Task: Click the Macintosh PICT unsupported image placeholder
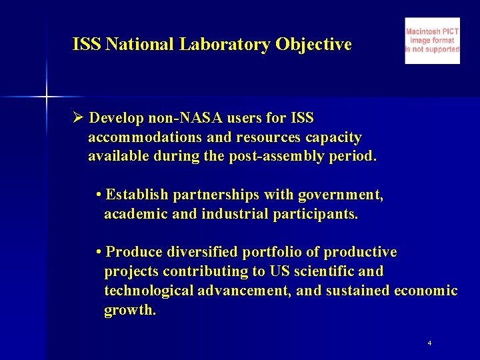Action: click(x=432, y=41)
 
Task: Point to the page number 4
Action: click(x=429, y=343)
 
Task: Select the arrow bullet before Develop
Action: click(x=77, y=118)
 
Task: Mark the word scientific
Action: click(x=321, y=271)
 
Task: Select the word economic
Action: click(x=425, y=291)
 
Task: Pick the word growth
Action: click(x=129, y=311)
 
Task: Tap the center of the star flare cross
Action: click(x=47, y=97)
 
